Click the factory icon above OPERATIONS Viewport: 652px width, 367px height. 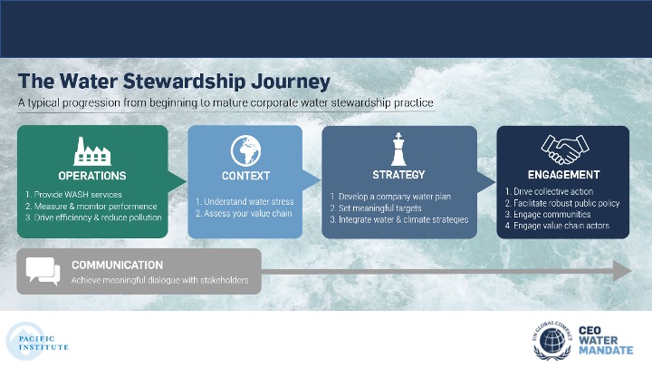pos(92,151)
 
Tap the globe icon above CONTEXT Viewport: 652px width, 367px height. pos(245,150)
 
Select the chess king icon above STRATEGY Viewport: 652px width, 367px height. pos(398,150)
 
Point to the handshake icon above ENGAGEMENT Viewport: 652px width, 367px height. pos(565,150)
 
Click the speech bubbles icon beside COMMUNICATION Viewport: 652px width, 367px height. pos(43,271)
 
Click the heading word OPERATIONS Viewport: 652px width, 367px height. pos(92,176)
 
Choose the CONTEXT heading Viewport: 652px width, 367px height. pos(245,176)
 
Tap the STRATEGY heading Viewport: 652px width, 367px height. pos(398,175)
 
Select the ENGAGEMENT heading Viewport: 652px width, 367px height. pos(564,175)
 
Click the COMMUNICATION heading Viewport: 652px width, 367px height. pos(117,265)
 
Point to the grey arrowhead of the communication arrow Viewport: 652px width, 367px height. pos(622,271)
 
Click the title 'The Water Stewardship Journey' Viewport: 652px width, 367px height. pos(174,82)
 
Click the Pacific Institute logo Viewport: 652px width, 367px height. pos(37,342)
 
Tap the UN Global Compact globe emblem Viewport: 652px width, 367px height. pos(552,341)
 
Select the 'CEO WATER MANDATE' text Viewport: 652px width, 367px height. pos(606,341)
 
